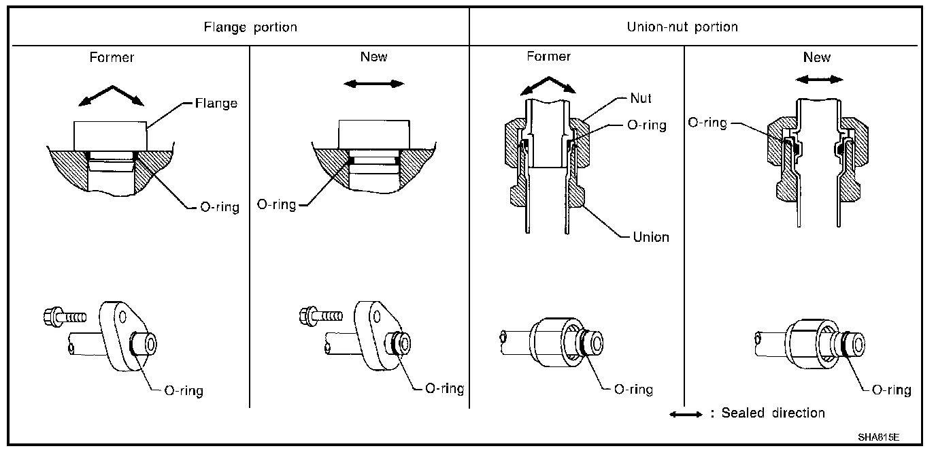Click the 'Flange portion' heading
click(251, 27)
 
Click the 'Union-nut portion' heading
click(682, 27)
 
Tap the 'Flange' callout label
click(216, 104)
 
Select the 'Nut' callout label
click(640, 98)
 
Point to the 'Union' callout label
click(651, 237)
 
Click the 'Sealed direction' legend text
click(773, 413)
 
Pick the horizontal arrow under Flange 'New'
click(373, 84)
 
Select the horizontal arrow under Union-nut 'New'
click(820, 80)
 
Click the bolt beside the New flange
click(320, 315)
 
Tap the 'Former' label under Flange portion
click(112, 57)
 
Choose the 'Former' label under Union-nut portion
click(549, 57)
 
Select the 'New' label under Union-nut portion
click(816, 57)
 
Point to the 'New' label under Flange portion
click(373, 57)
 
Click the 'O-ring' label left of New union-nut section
click(707, 123)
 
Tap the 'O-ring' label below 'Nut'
click(647, 125)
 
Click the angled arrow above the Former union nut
click(547, 84)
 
